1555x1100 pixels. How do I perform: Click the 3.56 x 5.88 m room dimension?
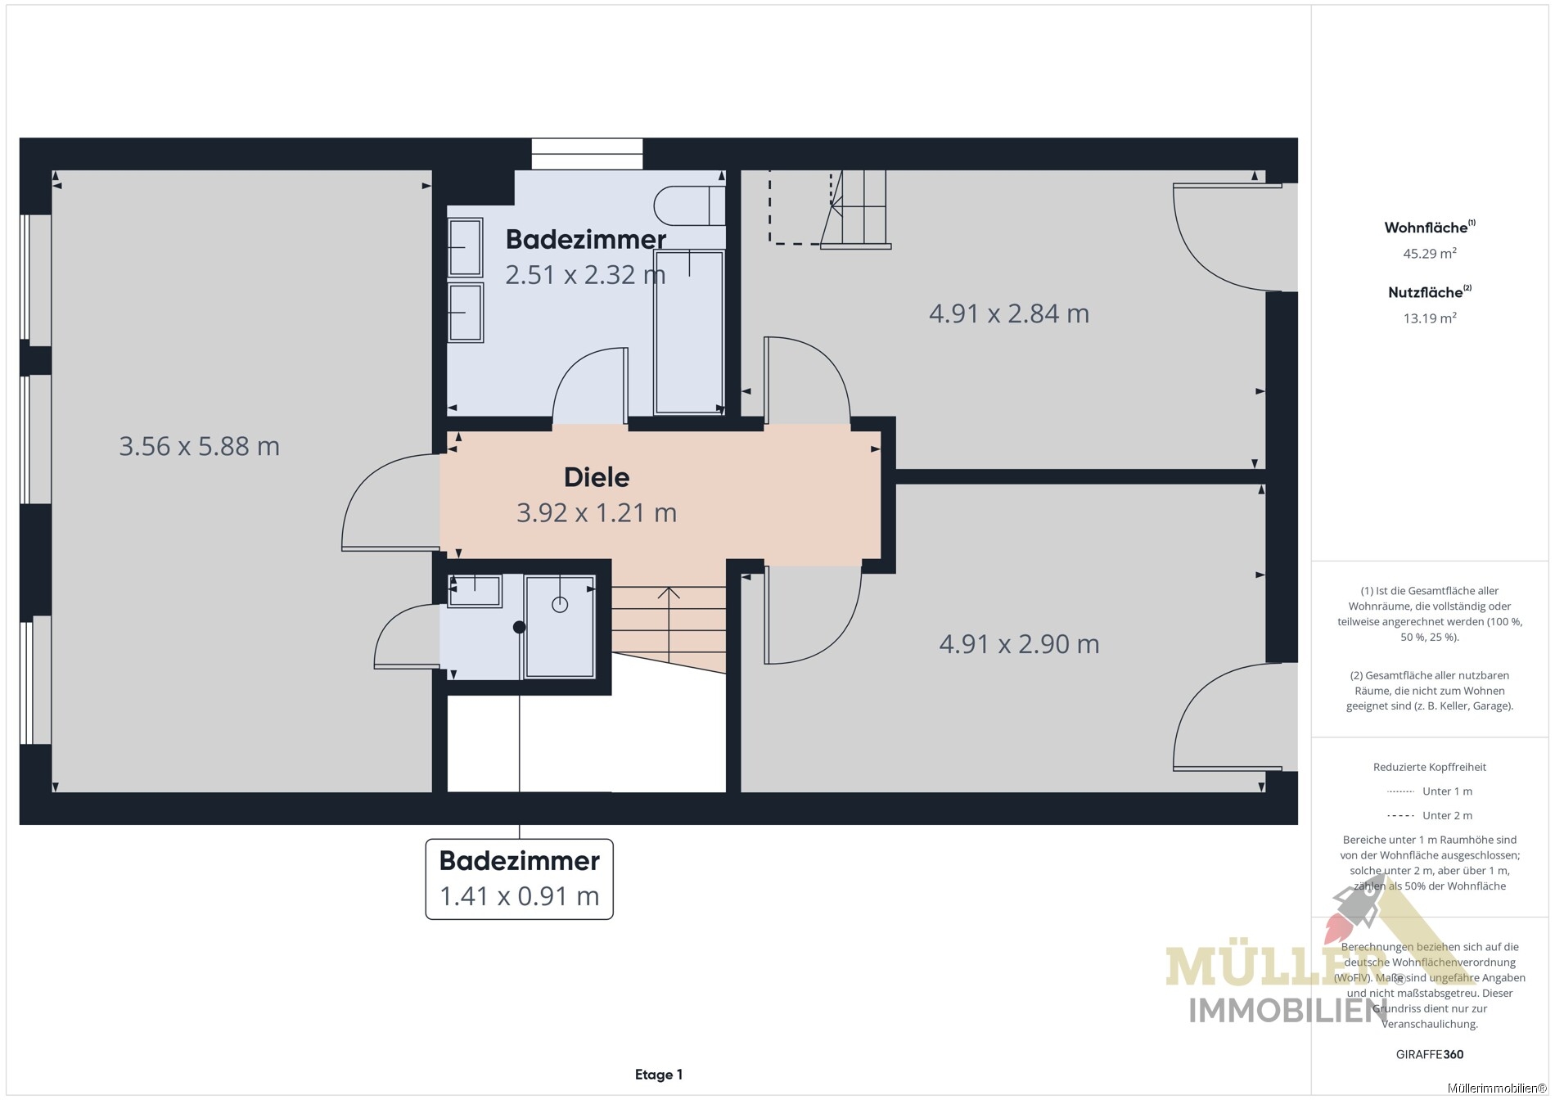pyautogui.click(x=200, y=446)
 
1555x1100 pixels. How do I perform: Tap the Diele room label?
pyautogui.click(x=597, y=477)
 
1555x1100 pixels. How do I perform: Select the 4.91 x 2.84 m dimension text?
pyautogui.click(x=1009, y=313)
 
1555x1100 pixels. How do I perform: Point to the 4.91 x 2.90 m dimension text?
pyautogui.click(x=1019, y=644)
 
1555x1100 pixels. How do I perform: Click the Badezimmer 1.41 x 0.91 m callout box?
pyautogui.click(x=520, y=879)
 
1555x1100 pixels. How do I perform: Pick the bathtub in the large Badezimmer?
pyautogui.click(x=689, y=332)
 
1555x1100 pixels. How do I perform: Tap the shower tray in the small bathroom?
pyautogui.click(x=560, y=627)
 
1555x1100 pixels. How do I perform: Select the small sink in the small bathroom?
pyautogui.click(x=475, y=591)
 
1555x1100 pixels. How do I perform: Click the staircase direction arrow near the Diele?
pyautogui.click(x=669, y=626)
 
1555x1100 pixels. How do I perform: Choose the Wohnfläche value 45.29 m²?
pyautogui.click(x=1430, y=253)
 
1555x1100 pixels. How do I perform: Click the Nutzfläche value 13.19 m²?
pyautogui.click(x=1430, y=318)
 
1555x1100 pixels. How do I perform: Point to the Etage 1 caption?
pyautogui.click(x=659, y=1075)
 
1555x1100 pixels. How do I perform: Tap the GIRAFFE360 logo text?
pyautogui.click(x=1430, y=1054)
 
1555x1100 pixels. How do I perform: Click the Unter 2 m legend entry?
pyautogui.click(x=1430, y=815)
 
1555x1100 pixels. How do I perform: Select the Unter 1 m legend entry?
pyautogui.click(x=1430, y=791)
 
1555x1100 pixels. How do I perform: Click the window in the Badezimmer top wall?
pyautogui.click(x=587, y=154)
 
